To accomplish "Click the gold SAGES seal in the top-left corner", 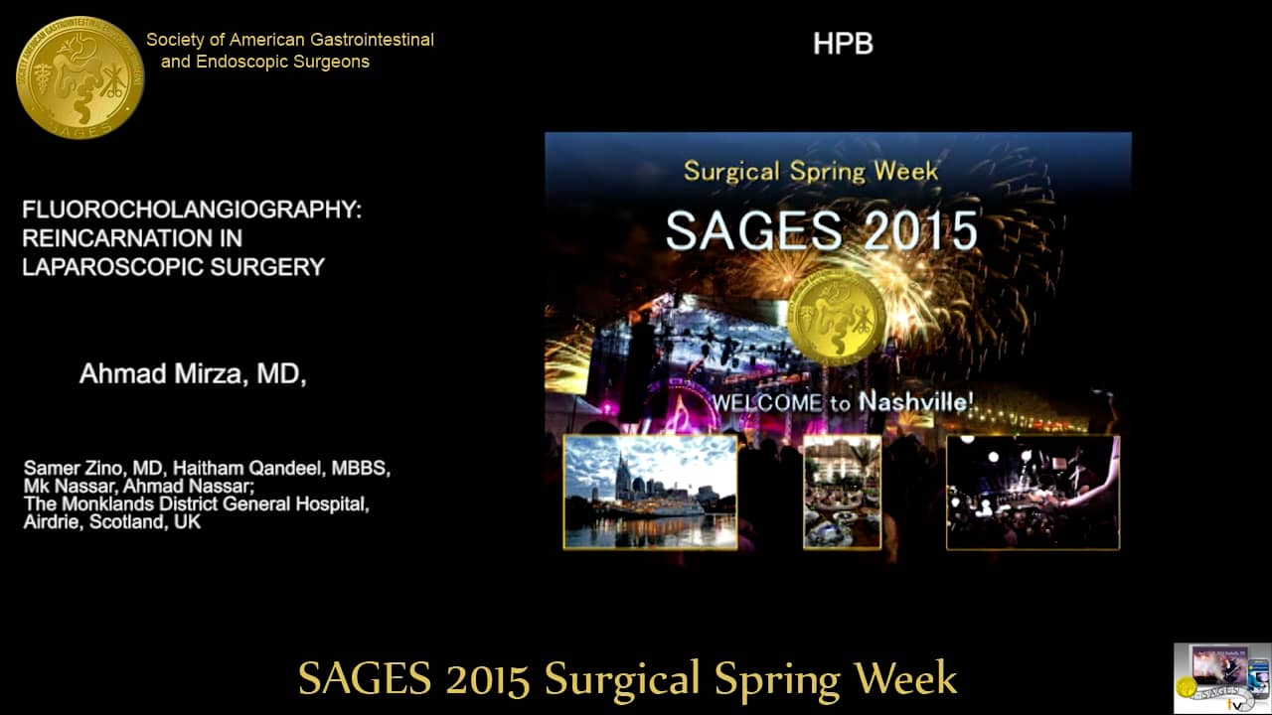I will [x=79, y=77].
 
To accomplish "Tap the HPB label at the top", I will [x=843, y=44].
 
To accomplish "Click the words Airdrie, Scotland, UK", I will [x=111, y=521].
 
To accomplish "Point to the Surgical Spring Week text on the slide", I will [x=810, y=170].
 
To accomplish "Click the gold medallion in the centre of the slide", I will [x=836, y=316].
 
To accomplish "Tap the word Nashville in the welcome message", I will [x=912, y=402].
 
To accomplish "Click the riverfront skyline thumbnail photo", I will [x=650, y=492].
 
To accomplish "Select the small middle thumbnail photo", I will [x=842, y=492].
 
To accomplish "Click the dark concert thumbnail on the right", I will [x=1033, y=492].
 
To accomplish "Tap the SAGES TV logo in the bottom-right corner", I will [x=1221, y=676].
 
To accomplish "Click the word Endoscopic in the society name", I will [x=239, y=62].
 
